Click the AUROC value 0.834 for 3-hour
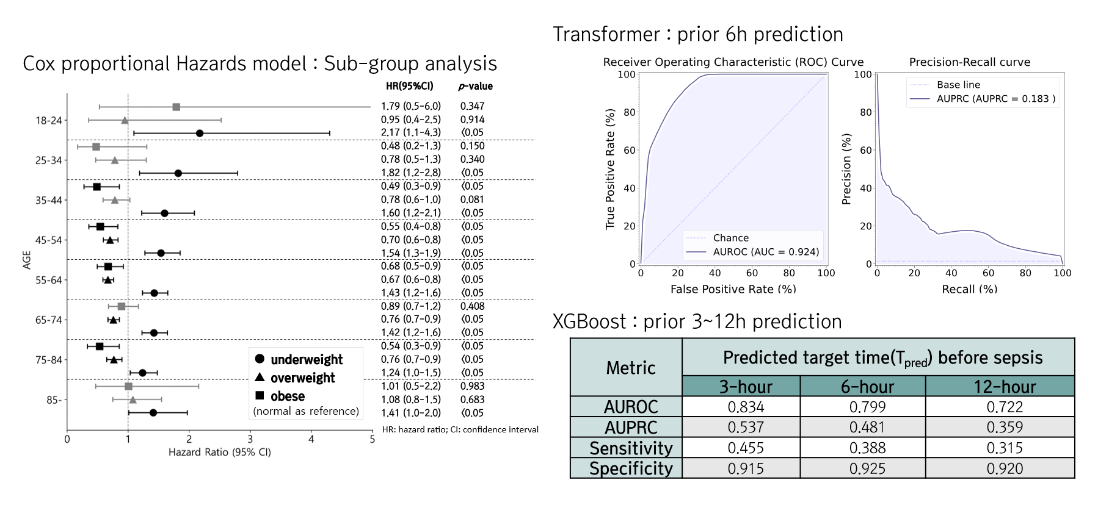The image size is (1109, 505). point(746,407)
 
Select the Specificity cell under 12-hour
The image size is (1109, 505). point(1005,468)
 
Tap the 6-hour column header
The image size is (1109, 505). point(867,387)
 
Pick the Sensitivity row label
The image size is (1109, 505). point(631,448)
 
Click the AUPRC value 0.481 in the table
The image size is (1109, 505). point(867,428)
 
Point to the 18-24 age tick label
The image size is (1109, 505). point(48,121)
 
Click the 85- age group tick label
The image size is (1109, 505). point(53,400)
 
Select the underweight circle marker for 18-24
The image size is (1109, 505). point(200,133)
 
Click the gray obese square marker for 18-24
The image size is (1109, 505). point(176,107)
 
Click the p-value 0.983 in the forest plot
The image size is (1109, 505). point(472,386)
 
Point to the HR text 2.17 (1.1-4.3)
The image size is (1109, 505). point(410,132)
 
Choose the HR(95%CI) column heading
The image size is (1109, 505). point(409,86)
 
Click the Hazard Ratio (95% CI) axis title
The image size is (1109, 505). point(219,453)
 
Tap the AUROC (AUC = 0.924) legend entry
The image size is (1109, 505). point(766,251)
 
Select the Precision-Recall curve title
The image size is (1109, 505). point(969,62)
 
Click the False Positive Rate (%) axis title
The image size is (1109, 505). point(733,289)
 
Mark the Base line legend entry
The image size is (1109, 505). point(958,85)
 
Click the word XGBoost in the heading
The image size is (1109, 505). point(589,321)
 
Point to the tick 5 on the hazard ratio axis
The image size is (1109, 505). point(372,439)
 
